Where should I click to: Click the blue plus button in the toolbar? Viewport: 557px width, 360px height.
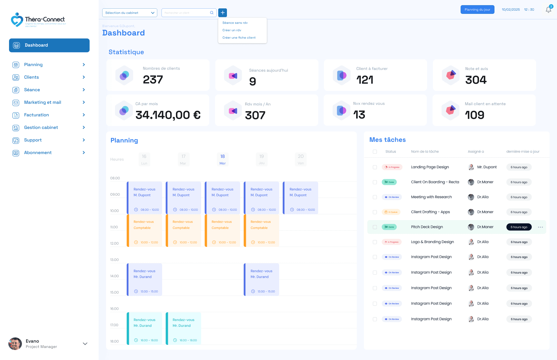point(222,13)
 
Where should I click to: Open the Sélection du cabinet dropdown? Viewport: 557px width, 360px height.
point(130,13)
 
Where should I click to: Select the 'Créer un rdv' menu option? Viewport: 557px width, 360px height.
point(232,30)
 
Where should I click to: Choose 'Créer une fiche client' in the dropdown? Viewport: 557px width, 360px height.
point(239,38)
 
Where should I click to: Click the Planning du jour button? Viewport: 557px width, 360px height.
point(477,10)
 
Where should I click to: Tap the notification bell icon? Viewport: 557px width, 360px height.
point(548,10)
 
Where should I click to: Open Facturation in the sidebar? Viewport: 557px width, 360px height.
point(36,115)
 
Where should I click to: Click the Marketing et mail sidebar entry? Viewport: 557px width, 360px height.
point(43,102)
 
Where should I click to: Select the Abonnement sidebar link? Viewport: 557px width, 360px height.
point(38,153)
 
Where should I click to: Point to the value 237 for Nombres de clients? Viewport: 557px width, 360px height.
point(153,80)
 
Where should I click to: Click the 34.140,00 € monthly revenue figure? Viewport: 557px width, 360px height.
point(168,115)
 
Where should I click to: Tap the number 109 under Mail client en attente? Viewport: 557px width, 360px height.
point(474,115)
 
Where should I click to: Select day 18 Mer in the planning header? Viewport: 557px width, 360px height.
point(222,159)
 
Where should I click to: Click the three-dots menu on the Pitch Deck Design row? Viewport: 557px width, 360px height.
point(540,227)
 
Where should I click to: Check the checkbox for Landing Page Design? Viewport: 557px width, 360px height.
point(375,167)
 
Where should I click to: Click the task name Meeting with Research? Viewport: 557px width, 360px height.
point(431,197)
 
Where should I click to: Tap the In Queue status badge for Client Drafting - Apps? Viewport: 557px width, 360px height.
point(391,212)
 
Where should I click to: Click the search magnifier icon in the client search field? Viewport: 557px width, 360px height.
point(212,13)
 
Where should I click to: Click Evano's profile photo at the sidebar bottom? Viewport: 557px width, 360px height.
point(15,344)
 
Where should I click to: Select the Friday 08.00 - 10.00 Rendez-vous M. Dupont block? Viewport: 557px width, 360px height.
point(300,198)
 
